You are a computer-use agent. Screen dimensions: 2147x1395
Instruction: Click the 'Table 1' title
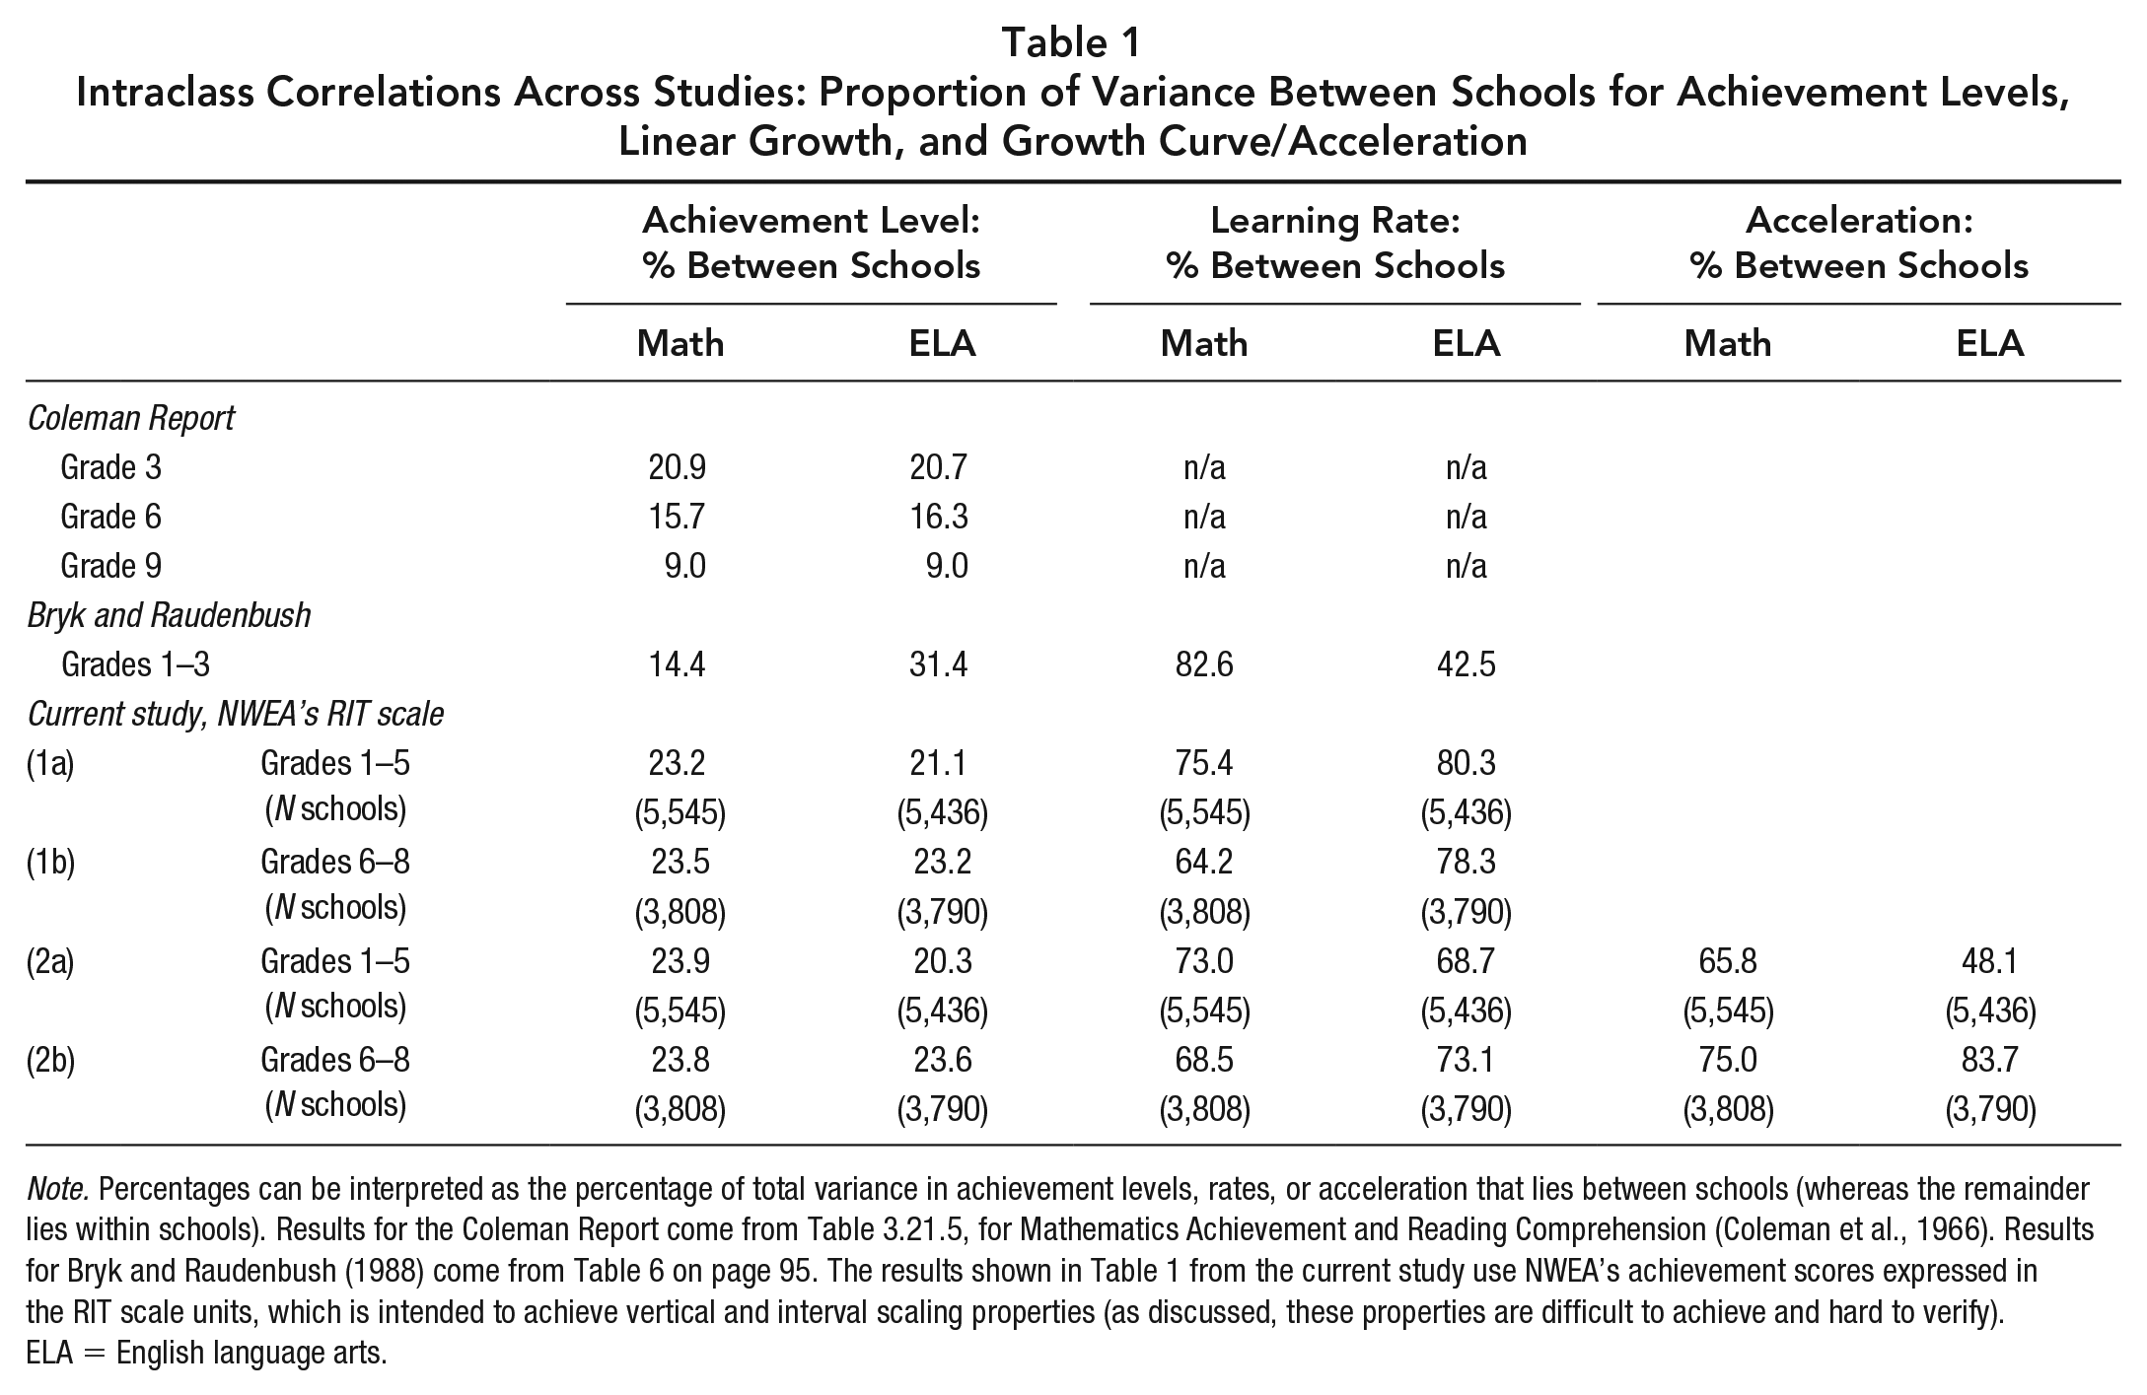click(1072, 42)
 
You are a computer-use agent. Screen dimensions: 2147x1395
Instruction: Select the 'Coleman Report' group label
click(131, 418)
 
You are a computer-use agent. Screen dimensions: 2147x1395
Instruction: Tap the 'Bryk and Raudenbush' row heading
click(169, 615)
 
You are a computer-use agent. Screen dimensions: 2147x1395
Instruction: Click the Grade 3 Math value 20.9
click(678, 467)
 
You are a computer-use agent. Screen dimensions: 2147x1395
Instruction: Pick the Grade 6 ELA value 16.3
click(939, 517)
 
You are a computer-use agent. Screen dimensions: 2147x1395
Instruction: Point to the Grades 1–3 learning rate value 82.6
click(1203, 664)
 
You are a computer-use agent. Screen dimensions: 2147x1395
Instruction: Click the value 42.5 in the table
click(1466, 664)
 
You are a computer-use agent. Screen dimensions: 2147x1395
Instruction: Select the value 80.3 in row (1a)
click(1466, 763)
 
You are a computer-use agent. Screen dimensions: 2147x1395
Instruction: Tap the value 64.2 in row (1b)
click(1203, 862)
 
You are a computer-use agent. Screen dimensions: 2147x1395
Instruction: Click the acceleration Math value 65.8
click(1727, 960)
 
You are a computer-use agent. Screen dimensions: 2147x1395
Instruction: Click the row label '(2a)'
click(50, 961)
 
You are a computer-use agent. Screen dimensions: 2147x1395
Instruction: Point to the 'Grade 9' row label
click(111, 566)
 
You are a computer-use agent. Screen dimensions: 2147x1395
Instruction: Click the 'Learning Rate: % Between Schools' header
click(1335, 243)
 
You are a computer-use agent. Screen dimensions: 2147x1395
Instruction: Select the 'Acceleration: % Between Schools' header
click(1859, 243)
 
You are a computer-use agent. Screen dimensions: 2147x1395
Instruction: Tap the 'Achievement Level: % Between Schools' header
click(812, 243)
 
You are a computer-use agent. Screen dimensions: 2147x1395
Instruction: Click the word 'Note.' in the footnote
click(58, 1189)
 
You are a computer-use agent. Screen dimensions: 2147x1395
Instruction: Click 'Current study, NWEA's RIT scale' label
click(236, 714)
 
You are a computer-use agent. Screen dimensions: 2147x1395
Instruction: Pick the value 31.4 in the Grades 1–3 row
click(939, 664)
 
